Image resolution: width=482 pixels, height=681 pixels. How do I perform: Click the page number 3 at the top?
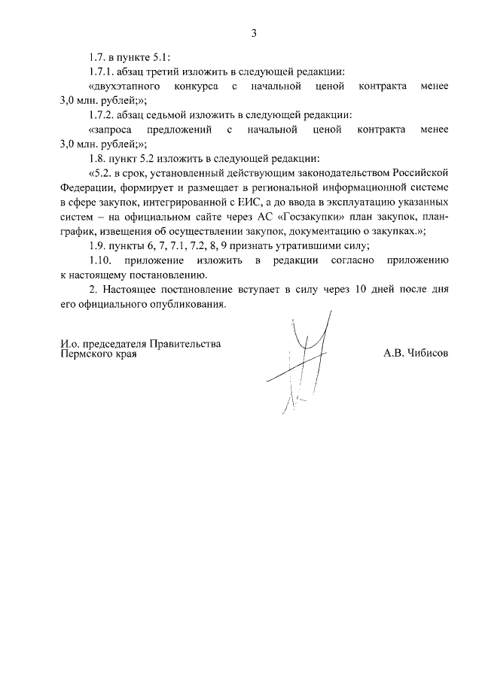[255, 32]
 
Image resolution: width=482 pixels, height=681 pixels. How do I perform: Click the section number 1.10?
[100, 260]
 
